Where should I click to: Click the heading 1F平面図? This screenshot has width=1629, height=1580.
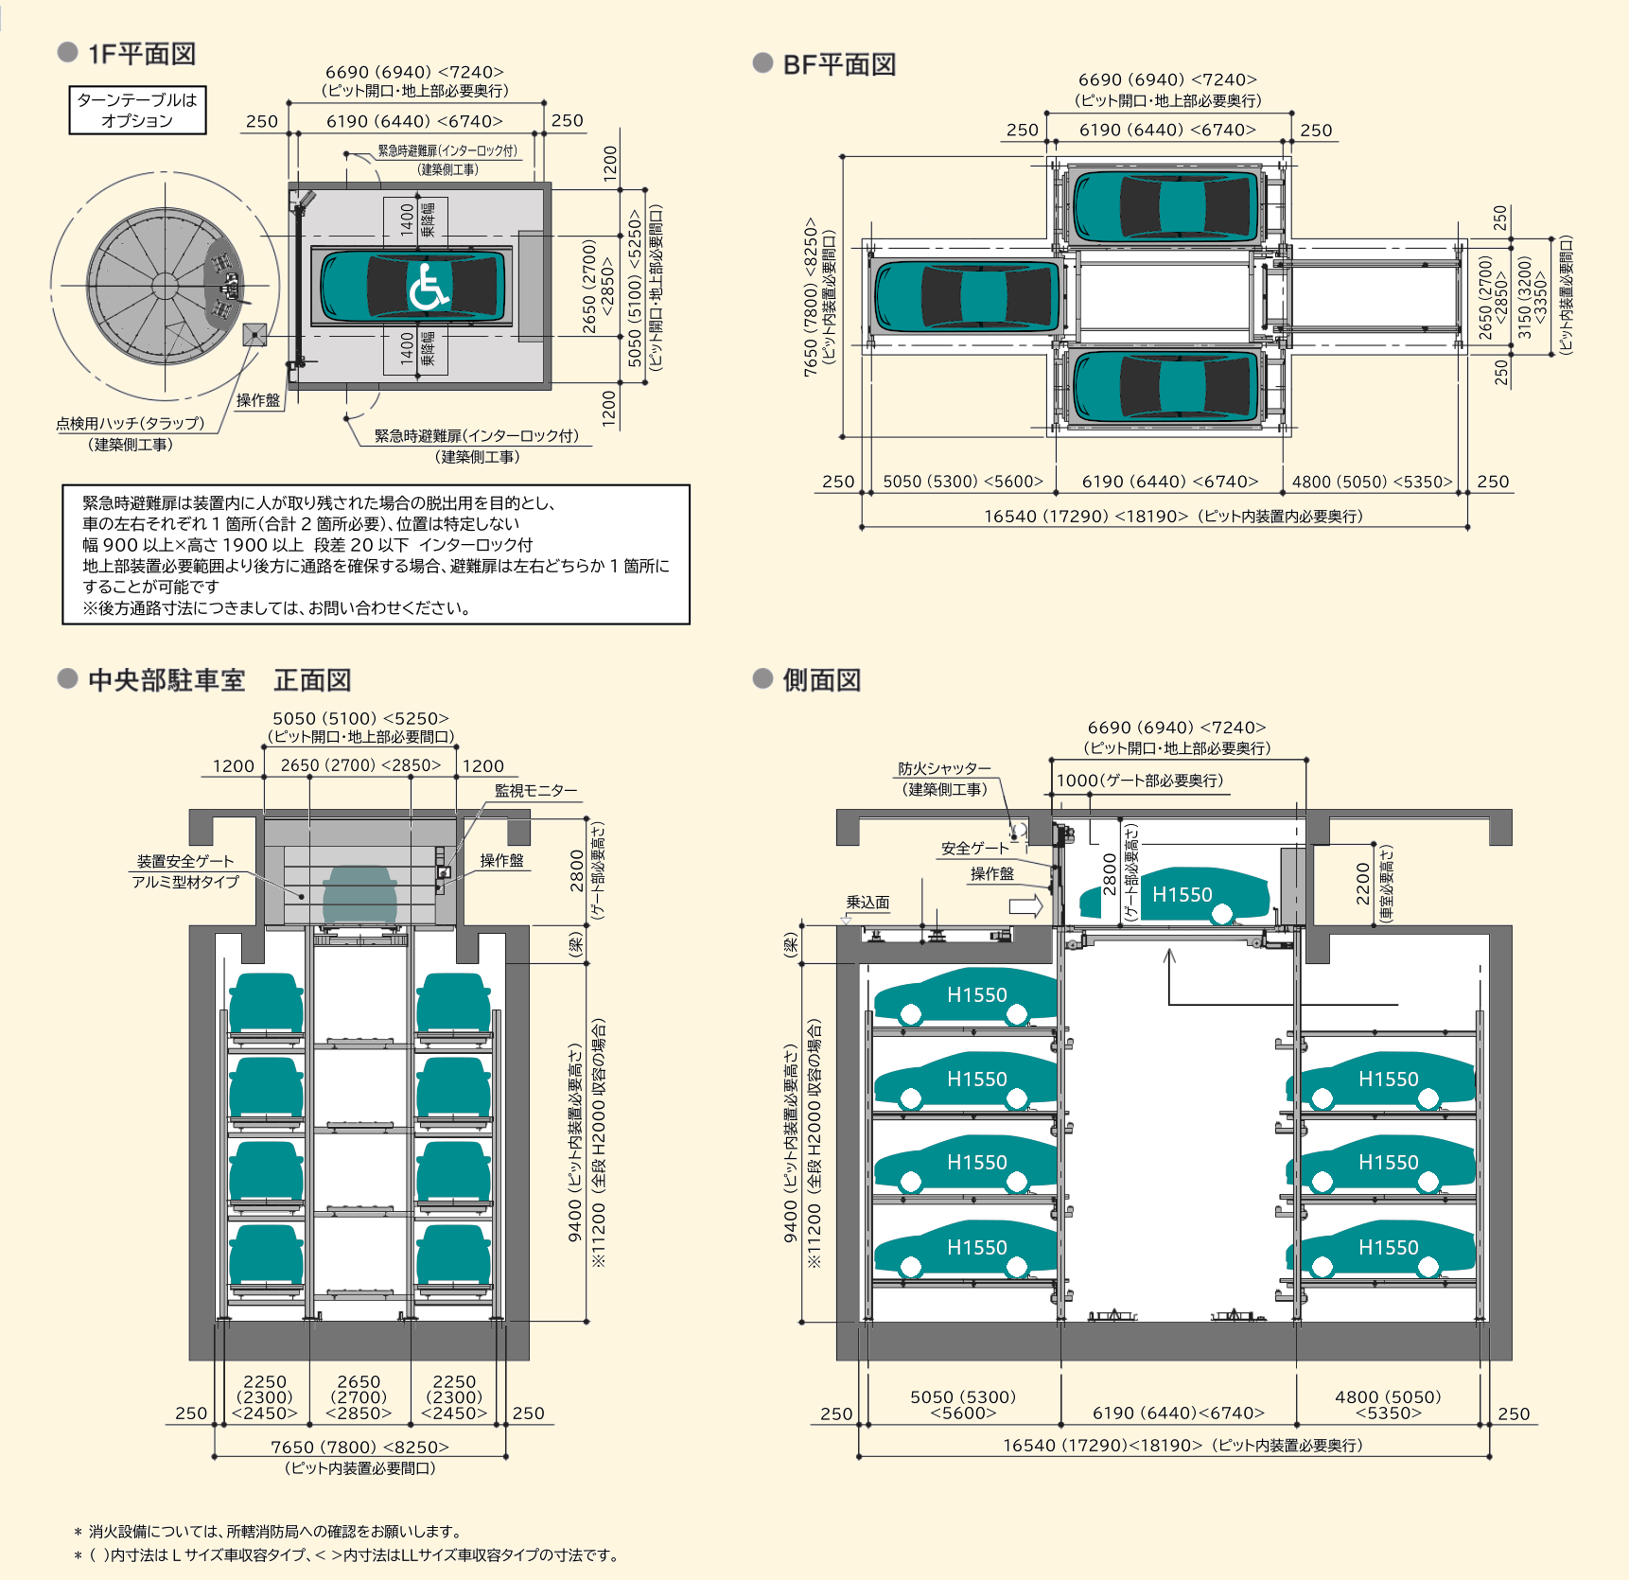click(x=141, y=54)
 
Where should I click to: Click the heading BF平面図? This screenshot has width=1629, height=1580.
click(x=838, y=64)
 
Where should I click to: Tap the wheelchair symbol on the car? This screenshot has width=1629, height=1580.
click(x=428, y=287)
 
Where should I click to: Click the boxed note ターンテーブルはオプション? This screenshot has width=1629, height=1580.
click(x=137, y=110)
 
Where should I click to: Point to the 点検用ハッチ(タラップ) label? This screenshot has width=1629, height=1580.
click(x=130, y=423)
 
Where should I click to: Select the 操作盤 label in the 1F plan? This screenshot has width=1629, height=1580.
click(x=258, y=400)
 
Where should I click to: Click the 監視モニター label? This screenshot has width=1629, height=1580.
click(x=535, y=790)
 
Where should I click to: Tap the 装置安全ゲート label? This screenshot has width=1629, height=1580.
click(x=184, y=861)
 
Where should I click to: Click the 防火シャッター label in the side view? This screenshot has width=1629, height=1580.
click(x=944, y=768)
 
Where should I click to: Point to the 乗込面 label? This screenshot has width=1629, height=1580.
click(x=867, y=902)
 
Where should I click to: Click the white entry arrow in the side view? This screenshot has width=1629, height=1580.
click(x=1025, y=905)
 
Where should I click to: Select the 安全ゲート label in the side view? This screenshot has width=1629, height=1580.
click(x=974, y=848)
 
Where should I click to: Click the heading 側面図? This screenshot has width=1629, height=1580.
click(x=821, y=680)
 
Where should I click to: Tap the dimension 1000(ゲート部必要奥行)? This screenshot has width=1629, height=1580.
click(x=1139, y=781)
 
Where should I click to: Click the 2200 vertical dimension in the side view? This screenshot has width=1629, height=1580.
click(x=1362, y=884)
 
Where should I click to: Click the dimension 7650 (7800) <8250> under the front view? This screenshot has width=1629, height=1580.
click(x=359, y=1447)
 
